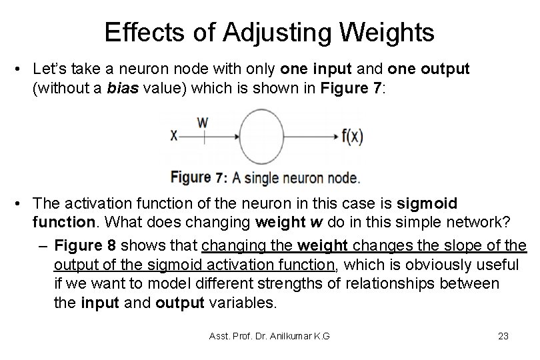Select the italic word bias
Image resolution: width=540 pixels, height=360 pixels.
[124, 87]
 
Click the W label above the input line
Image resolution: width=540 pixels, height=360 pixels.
[203, 122]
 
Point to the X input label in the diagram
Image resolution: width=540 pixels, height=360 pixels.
[174, 135]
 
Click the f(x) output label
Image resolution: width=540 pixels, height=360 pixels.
[352, 136]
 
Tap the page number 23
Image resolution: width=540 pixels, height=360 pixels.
[503, 336]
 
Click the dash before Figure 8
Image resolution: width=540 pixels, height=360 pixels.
[43, 246]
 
